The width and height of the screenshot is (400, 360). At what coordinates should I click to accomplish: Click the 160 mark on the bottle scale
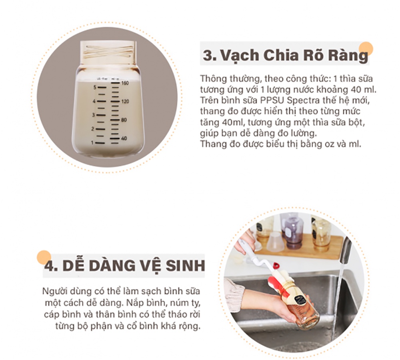coord(125,83)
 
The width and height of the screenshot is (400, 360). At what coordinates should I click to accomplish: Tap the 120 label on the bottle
coord(125,102)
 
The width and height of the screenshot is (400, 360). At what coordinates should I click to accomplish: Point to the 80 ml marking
coord(124,120)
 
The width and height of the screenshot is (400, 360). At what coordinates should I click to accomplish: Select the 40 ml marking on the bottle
coord(124,138)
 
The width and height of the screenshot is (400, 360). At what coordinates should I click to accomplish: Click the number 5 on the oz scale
coord(95,88)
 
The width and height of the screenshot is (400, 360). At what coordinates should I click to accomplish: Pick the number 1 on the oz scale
coord(92,143)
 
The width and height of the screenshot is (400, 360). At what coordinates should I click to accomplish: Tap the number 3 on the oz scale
coord(93,115)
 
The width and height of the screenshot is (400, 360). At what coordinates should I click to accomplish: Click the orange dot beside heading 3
coord(366,49)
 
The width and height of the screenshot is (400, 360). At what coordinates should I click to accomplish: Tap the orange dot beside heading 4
coord(44,257)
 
